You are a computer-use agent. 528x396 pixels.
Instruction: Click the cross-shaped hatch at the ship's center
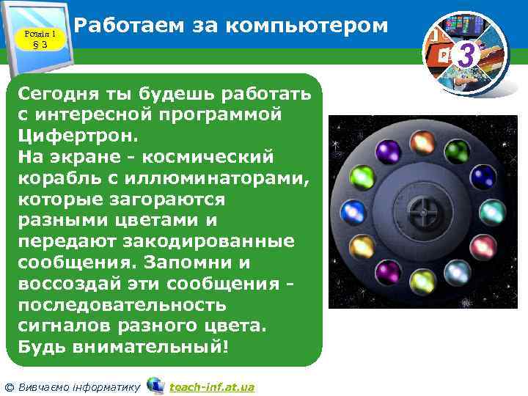[x=422, y=212]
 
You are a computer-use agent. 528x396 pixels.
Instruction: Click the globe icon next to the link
[x=155, y=385]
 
